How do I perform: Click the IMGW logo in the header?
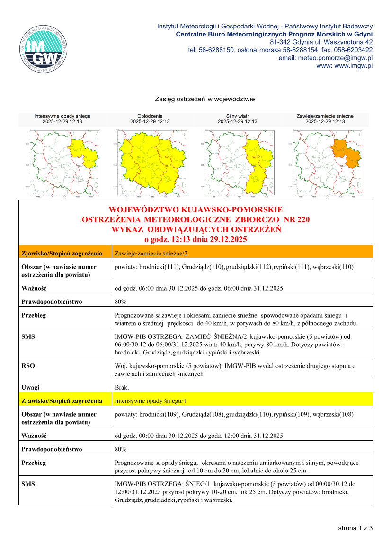pyautogui.click(x=43, y=49)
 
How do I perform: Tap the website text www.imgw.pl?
pyautogui.click(x=353, y=66)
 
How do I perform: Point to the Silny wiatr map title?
pyautogui.click(x=237, y=116)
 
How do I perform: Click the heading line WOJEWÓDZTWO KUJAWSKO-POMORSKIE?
pyautogui.click(x=195, y=209)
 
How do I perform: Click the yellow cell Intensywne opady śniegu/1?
pyautogui.click(x=151, y=401)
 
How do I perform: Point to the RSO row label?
pyautogui.click(x=28, y=366)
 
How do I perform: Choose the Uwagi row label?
pyautogui.click(x=30, y=388)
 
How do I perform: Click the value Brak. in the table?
pyautogui.click(x=122, y=388)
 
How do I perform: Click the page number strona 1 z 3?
pyautogui.click(x=355, y=527)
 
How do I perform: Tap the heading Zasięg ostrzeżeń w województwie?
pyautogui.click(x=205, y=99)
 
